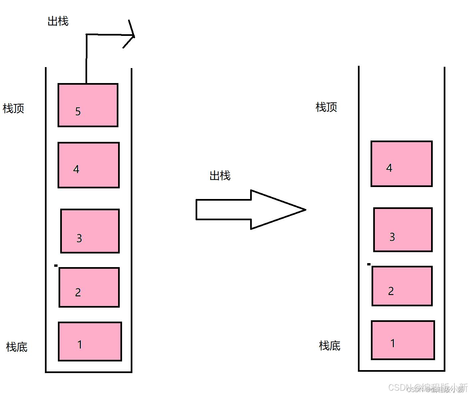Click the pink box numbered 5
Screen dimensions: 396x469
click(x=88, y=105)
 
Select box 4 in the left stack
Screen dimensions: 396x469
click(x=88, y=165)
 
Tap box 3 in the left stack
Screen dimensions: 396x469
click(x=90, y=231)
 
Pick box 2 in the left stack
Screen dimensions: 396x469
click(x=89, y=287)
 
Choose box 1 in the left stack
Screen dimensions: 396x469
click(x=90, y=341)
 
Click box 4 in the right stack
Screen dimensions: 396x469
click(x=401, y=164)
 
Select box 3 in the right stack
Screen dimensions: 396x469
click(x=403, y=230)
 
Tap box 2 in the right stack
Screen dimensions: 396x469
click(x=402, y=286)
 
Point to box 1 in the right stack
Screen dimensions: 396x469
click(x=403, y=340)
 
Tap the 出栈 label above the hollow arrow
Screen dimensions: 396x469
click(x=220, y=175)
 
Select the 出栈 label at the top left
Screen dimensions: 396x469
click(x=58, y=21)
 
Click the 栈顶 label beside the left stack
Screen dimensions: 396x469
click(x=13, y=108)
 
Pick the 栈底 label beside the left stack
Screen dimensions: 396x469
click(x=17, y=347)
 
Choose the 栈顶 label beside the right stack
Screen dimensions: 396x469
click(x=326, y=107)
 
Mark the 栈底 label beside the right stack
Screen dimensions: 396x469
click(x=330, y=346)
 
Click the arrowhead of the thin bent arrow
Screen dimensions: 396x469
click(x=131, y=35)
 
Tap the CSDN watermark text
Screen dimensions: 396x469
click(x=428, y=388)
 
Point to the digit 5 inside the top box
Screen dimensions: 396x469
click(x=78, y=111)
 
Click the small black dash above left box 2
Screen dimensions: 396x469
click(x=56, y=265)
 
